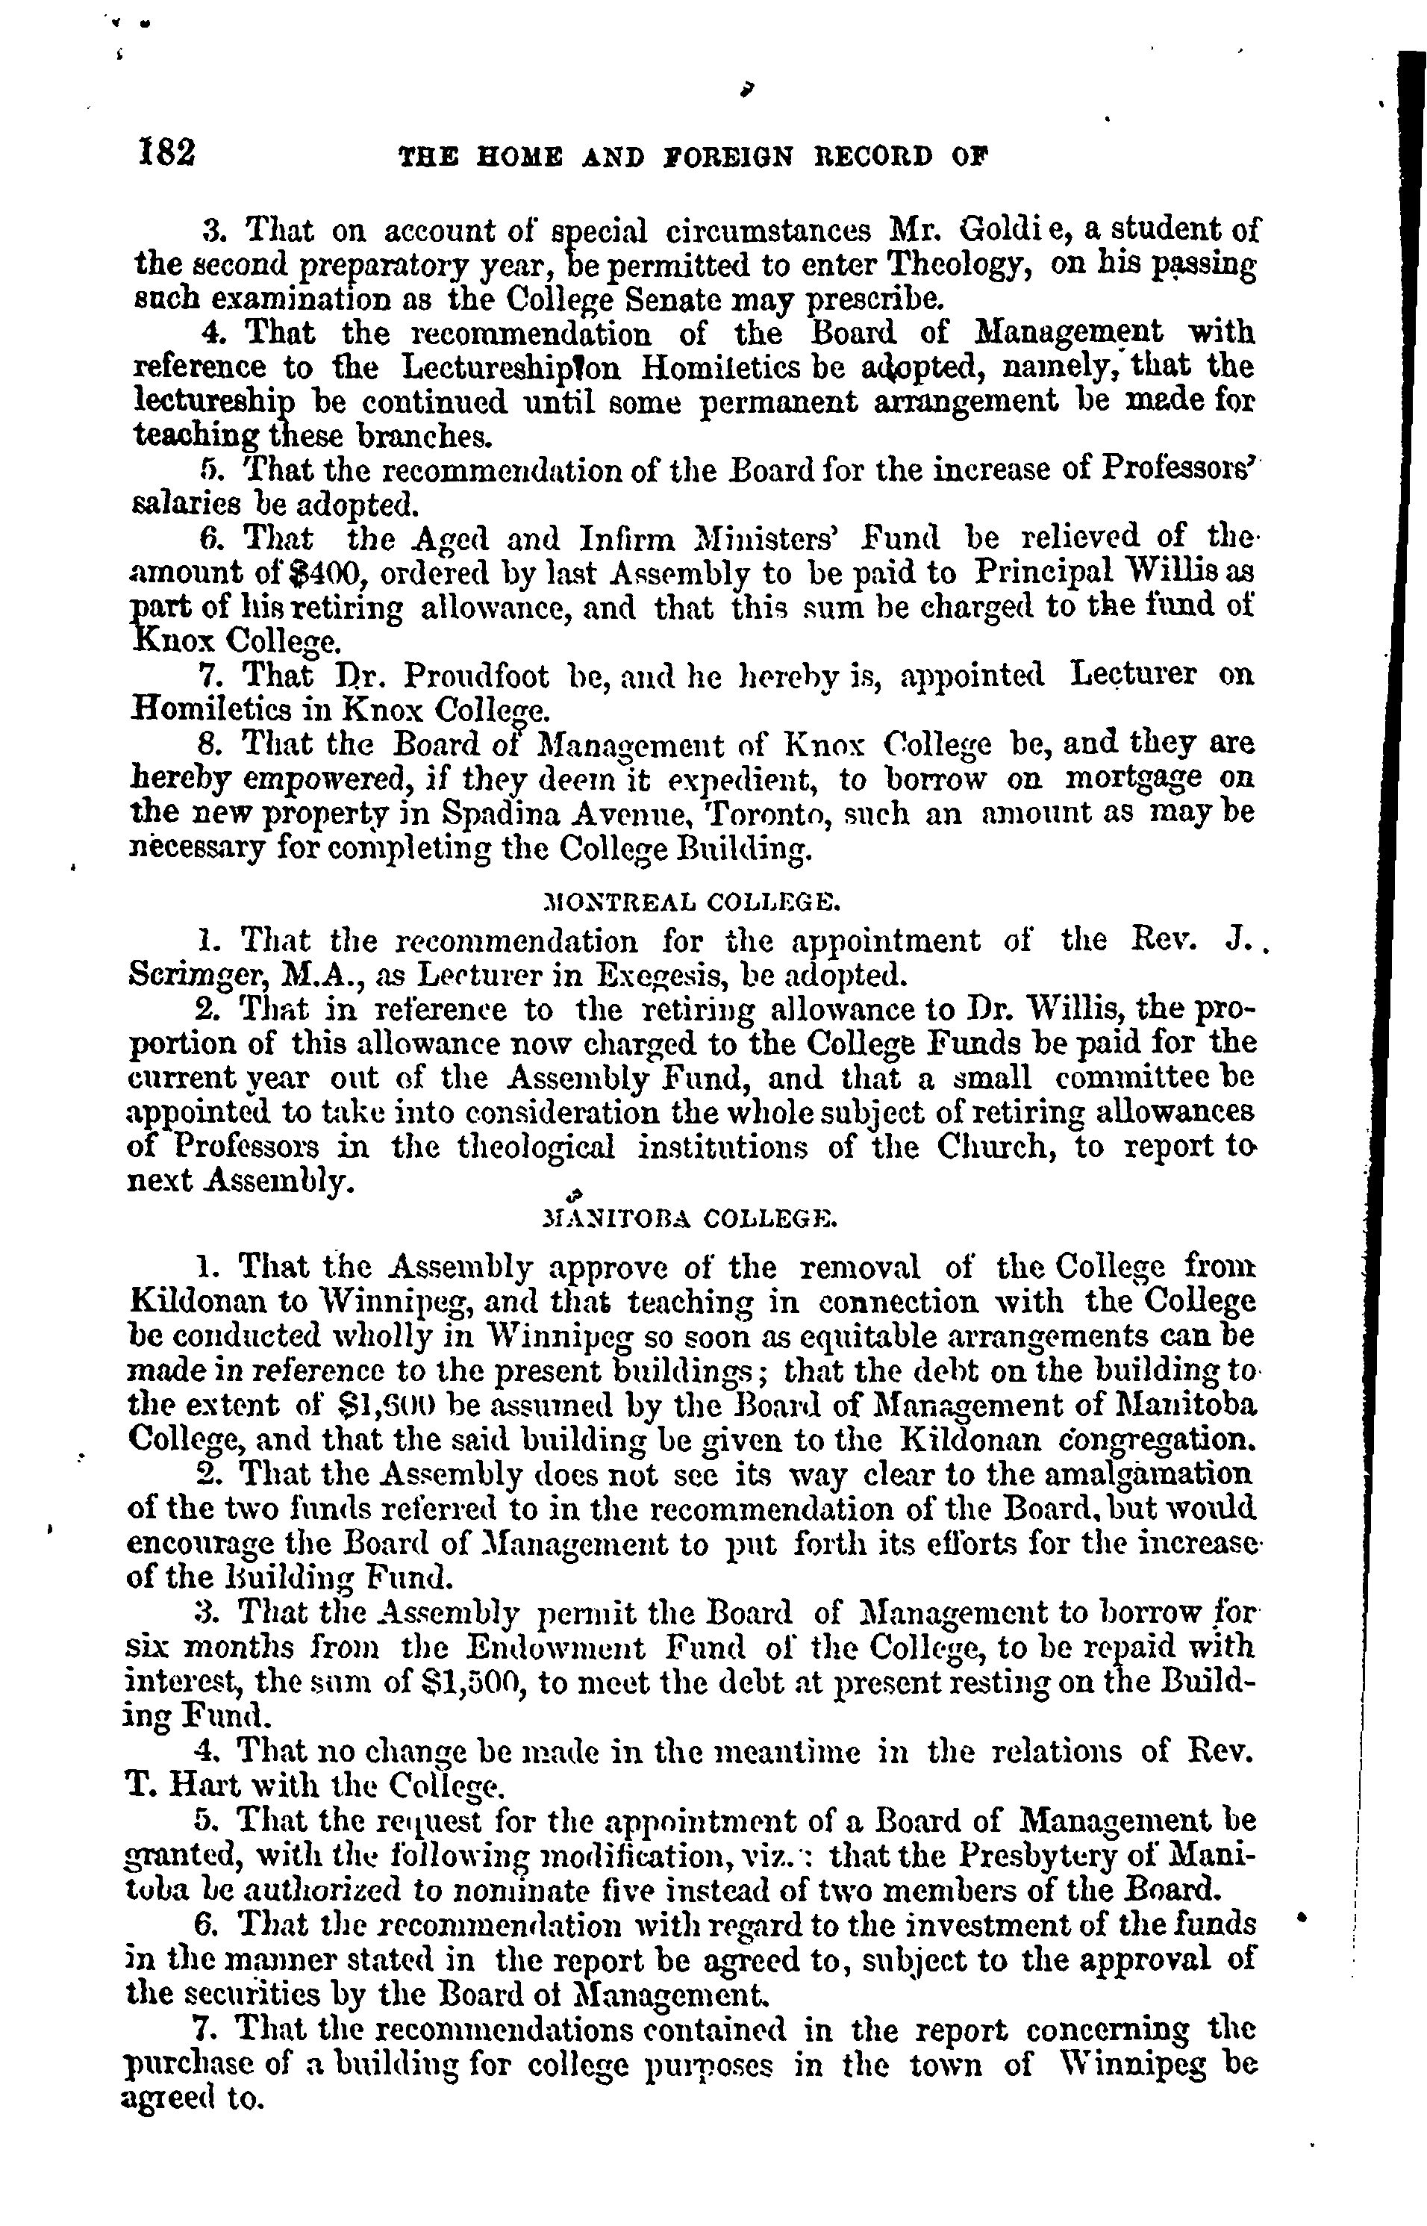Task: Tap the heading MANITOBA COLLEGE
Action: pyautogui.click(x=690, y=1220)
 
